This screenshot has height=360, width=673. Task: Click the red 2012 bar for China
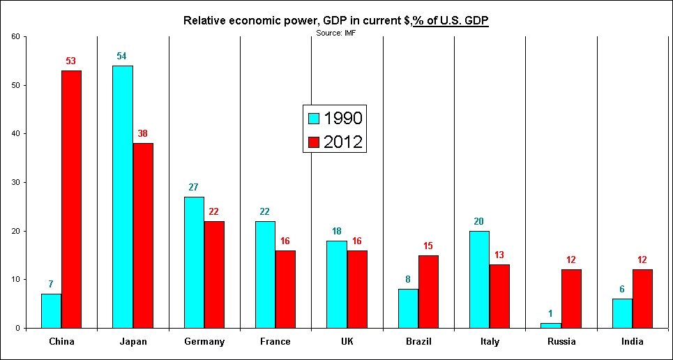click(71, 199)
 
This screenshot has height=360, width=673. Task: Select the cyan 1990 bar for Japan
click(123, 197)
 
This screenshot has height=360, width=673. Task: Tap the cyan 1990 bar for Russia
click(551, 325)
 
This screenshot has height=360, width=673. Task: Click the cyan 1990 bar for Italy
click(479, 279)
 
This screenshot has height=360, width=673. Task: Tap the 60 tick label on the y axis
click(15, 36)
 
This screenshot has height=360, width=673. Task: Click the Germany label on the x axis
click(204, 342)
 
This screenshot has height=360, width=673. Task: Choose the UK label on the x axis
click(347, 342)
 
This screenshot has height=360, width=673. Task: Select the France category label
click(275, 342)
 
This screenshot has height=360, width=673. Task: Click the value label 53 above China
click(71, 61)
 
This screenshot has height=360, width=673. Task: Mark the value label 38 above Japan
click(142, 133)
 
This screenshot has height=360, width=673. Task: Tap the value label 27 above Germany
click(194, 187)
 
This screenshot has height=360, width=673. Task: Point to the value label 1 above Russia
click(551, 313)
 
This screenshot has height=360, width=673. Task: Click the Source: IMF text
click(336, 32)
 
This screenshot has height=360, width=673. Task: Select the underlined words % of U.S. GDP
click(451, 20)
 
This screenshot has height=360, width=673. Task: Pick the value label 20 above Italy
click(479, 221)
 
